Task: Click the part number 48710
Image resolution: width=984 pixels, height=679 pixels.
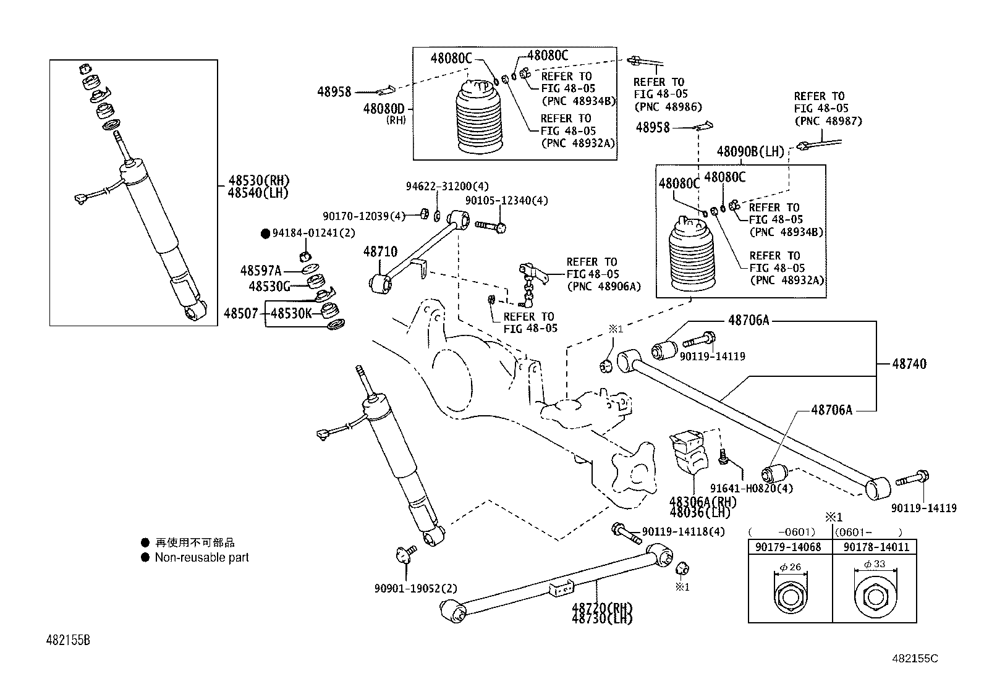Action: tap(380, 252)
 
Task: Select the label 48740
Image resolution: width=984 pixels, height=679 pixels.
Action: tap(909, 365)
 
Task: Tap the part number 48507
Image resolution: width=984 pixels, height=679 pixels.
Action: tap(241, 314)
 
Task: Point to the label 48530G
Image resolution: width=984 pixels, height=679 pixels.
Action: tap(269, 286)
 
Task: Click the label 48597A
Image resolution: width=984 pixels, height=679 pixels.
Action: tap(261, 271)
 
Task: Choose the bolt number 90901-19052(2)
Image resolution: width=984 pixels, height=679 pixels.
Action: tap(415, 589)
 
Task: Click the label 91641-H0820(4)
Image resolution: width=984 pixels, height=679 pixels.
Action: tap(751, 488)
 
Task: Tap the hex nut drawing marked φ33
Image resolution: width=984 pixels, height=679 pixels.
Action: tap(874, 597)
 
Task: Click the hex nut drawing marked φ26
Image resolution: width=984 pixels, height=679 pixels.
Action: tap(789, 597)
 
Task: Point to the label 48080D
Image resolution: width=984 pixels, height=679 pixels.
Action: tap(383, 109)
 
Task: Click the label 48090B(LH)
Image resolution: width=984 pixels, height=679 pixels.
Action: tap(750, 151)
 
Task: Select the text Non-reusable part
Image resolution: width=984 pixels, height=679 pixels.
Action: tap(201, 557)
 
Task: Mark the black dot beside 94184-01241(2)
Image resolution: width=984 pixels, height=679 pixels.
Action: tap(265, 234)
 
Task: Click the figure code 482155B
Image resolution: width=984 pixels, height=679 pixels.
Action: tap(69, 640)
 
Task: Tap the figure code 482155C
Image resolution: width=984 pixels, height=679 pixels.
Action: tap(914, 659)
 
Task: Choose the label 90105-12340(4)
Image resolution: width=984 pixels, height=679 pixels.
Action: tap(506, 201)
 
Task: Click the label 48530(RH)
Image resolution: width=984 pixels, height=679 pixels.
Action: tap(258, 181)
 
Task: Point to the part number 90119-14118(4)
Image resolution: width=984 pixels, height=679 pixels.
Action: tap(683, 531)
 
